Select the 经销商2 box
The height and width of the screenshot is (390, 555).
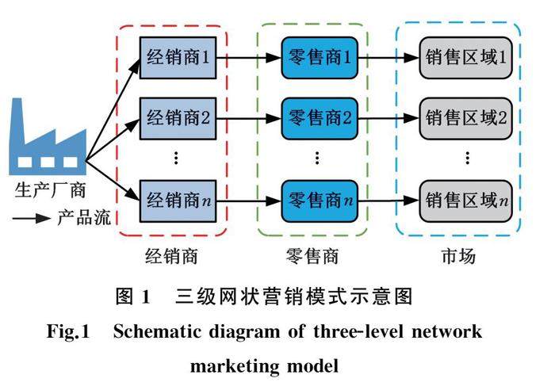point(178,119)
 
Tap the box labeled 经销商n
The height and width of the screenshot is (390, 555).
point(178,196)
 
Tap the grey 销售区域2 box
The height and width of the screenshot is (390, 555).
point(465,119)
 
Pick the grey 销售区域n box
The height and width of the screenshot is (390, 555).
point(465,196)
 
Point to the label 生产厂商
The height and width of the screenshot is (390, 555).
point(49,190)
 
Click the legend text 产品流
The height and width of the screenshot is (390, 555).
point(82,216)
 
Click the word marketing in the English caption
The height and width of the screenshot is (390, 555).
point(235,367)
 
